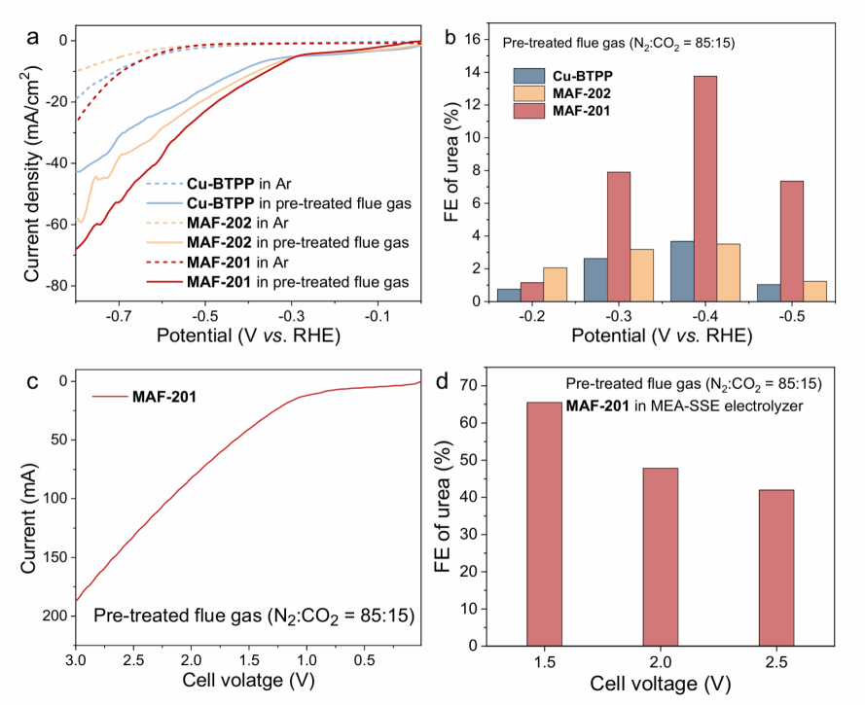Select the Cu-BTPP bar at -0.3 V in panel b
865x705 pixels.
(x=595, y=280)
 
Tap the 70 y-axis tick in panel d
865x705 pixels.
(x=468, y=385)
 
